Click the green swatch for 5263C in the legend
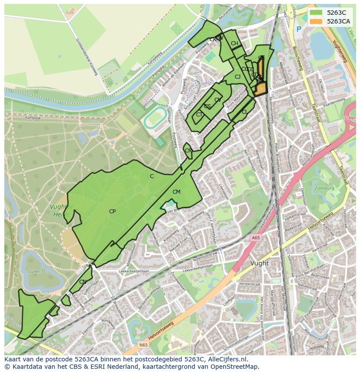tap(316, 13)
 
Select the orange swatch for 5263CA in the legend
tap(316, 21)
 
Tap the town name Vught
tap(260, 263)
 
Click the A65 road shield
tap(255, 238)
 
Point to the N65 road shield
tap(143, 345)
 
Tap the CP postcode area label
tap(112, 212)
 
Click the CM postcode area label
tap(176, 192)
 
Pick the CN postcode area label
tap(83, 282)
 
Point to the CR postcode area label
tap(188, 151)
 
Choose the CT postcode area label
tap(199, 115)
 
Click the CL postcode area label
tap(244, 112)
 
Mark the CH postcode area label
tap(234, 43)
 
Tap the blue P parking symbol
tap(298, 30)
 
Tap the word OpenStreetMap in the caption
tap(235, 367)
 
